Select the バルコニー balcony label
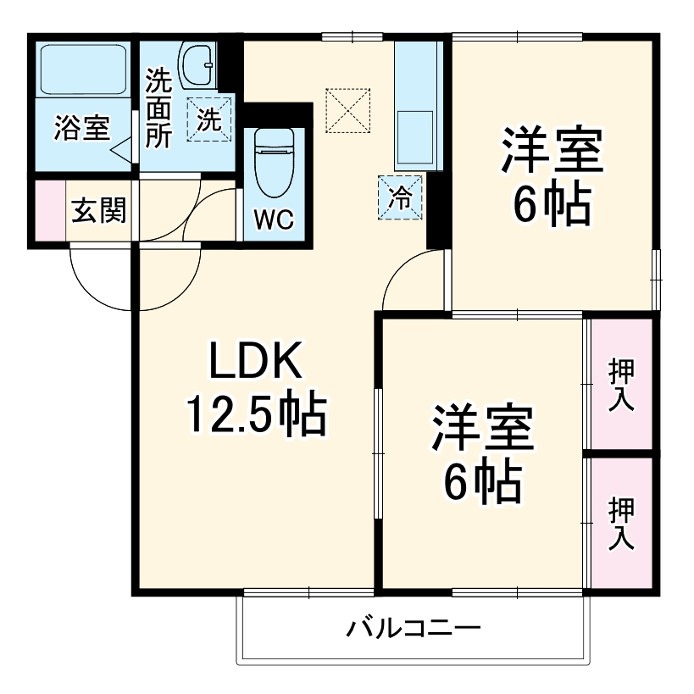pos(414,629)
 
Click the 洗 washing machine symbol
pos(208,119)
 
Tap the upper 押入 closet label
pos(621,384)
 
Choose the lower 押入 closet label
pos(621,523)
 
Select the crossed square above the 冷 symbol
pos(348,109)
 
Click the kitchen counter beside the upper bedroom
pos(414,106)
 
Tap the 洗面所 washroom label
pos(158,108)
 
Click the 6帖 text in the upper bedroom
pos(552,204)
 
